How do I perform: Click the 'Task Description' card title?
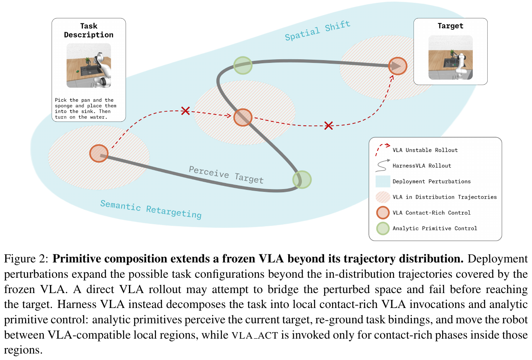coord(89,30)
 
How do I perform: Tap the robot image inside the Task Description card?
coord(89,65)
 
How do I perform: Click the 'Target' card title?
coord(450,26)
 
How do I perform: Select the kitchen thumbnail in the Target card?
coord(450,57)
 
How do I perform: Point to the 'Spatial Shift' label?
coord(318,31)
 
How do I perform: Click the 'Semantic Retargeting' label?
coord(151,209)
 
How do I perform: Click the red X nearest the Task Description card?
coord(185,111)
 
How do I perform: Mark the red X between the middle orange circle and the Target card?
coord(328,125)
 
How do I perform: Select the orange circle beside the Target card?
coord(397,66)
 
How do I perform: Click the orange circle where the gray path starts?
coord(99,153)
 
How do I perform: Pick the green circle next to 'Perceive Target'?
coord(302,180)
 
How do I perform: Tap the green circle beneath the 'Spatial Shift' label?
coord(243,65)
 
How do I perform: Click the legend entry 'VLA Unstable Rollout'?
coord(425,150)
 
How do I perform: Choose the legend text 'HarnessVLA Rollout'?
coord(422,166)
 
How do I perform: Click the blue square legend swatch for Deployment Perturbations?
coord(382,181)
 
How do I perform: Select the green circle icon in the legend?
coord(382,228)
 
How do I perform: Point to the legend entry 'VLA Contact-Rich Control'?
coord(431,213)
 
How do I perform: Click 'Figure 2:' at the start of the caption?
coord(26,258)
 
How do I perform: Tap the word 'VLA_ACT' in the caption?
coord(255,335)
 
